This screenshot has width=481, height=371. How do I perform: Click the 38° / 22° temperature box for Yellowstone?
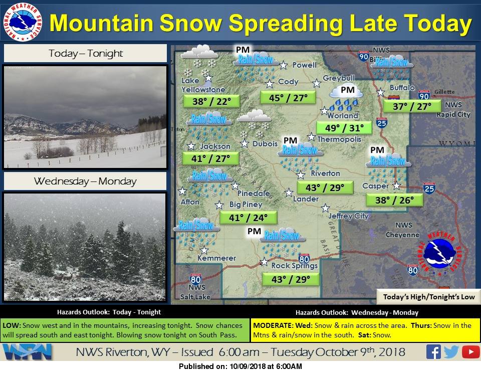point(211,101)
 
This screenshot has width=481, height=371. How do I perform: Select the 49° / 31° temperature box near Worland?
point(344,128)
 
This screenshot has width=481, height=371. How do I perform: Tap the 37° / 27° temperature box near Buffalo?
point(412,106)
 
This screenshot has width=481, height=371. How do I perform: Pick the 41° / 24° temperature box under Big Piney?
point(248,218)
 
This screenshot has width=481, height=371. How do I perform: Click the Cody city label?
point(288,82)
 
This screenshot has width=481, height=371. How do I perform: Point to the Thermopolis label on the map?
point(339,139)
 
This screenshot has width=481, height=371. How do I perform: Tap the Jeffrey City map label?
point(348,216)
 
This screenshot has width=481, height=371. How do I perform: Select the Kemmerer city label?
point(216,258)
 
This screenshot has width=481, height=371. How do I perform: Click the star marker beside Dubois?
point(245,143)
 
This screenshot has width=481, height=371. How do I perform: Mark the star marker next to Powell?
point(284,65)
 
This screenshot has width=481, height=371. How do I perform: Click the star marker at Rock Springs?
point(264,262)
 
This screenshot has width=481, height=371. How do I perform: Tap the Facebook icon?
point(433,351)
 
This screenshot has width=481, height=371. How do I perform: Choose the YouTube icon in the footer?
point(470,351)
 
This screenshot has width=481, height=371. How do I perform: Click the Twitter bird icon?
point(451,352)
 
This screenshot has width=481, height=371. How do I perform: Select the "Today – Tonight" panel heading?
point(86,54)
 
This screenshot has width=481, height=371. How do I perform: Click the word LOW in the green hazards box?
point(12,325)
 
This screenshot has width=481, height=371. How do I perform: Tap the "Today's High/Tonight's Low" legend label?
point(429,297)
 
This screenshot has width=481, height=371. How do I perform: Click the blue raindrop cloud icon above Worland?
point(345,98)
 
